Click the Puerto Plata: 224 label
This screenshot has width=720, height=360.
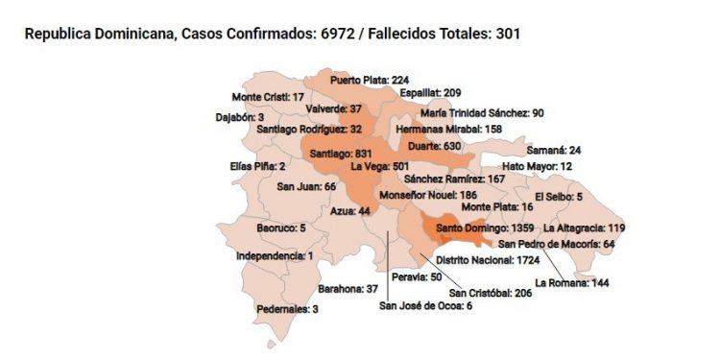(x=370, y=81)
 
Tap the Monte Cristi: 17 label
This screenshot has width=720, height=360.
(x=268, y=97)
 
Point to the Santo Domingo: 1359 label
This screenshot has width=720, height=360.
(x=485, y=228)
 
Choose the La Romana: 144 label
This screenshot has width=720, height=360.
(x=572, y=283)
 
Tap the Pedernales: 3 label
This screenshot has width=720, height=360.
(x=287, y=309)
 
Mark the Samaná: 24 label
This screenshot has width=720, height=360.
(x=555, y=151)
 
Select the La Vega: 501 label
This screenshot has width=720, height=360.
(x=380, y=166)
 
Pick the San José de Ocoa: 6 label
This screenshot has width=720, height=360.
(x=425, y=306)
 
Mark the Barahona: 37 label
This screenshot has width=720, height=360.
(x=348, y=288)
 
